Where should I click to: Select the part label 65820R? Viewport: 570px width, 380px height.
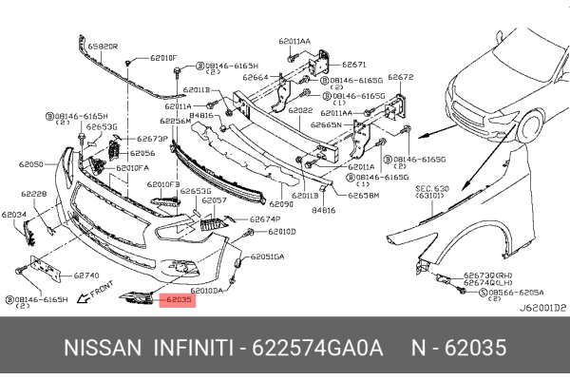coord(102,45)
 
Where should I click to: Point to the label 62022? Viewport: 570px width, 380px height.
coord(301,110)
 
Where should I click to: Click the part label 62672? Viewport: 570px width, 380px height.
coord(401,77)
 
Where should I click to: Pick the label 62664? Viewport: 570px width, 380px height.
coord(255,77)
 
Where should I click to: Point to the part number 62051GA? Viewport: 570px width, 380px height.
coord(267,256)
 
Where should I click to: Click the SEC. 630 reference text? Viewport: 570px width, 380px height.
coord(433,190)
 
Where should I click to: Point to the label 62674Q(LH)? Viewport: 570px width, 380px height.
coord(489,283)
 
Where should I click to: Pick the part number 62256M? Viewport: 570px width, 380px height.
coord(176,121)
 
